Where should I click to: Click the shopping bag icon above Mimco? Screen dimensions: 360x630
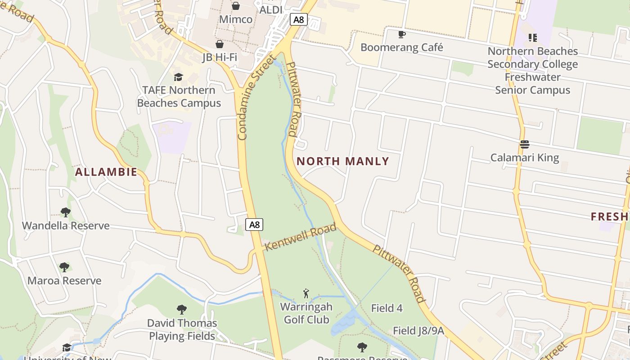(235, 6)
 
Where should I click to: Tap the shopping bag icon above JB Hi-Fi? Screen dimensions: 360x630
(219, 44)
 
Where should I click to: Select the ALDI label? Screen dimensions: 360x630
(271, 9)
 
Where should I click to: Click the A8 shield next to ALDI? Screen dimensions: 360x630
(299, 19)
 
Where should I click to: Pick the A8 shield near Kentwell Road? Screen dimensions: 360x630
(254, 224)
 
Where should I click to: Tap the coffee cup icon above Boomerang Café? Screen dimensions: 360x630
(402, 34)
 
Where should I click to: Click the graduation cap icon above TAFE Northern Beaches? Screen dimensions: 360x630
(179, 77)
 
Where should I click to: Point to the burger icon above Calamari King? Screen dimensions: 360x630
(524, 144)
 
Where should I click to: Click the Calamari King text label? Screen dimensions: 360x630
(524, 157)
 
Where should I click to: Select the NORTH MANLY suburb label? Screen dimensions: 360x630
(343, 161)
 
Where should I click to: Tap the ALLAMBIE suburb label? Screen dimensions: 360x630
(106, 172)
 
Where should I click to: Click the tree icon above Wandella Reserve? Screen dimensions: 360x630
(66, 212)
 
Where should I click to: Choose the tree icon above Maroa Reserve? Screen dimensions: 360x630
(64, 267)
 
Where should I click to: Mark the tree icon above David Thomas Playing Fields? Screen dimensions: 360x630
(182, 310)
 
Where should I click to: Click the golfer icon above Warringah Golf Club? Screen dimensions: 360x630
(306, 294)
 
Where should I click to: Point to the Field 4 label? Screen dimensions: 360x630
(387, 308)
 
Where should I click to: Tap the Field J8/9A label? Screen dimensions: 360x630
(418, 331)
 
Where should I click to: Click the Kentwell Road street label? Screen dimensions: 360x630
(300, 237)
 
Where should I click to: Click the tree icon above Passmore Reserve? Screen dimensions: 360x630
(362, 347)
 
